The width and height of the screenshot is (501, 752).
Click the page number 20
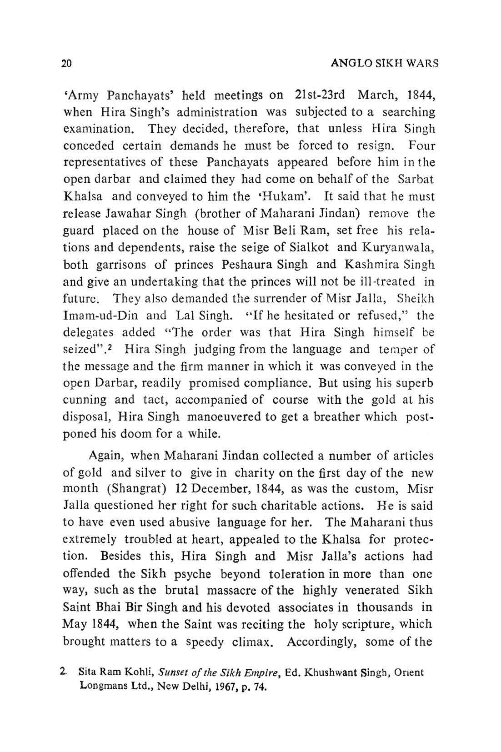[67, 63]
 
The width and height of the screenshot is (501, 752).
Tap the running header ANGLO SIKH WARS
[384, 63]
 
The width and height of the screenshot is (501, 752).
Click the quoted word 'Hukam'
[291, 197]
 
